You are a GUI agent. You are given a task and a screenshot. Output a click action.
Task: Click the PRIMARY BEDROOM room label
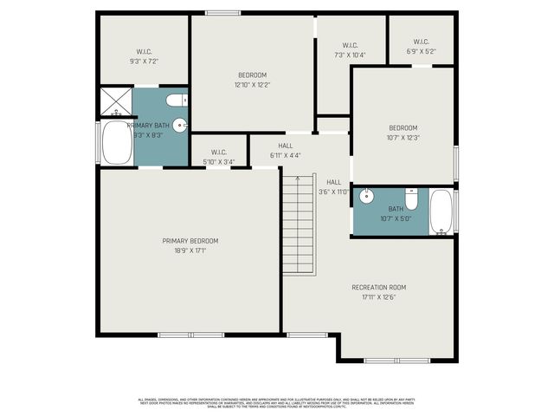(x=190, y=240)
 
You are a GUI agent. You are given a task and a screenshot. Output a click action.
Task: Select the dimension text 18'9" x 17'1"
(x=190, y=250)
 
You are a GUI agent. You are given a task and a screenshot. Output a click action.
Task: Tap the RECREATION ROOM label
(x=378, y=287)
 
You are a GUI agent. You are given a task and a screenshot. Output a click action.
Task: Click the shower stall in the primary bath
(x=114, y=102)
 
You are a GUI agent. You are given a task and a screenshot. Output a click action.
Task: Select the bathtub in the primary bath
(x=115, y=143)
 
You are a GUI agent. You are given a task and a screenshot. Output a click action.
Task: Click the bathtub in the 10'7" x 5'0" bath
(x=441, y=212)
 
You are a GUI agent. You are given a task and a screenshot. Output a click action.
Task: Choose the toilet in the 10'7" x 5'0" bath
(x=413, y=199)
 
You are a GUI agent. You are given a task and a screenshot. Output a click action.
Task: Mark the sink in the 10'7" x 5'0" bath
(x=366, y=197)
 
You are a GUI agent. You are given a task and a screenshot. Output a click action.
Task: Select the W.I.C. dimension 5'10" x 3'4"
(x=217, y=161)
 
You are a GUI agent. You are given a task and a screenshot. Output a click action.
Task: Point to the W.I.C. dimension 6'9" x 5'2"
(x=421, y=51)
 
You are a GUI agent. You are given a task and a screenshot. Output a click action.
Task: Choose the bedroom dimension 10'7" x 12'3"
(x=403, y=138)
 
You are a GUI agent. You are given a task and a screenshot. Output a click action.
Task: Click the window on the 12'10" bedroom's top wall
(x=222, y=13)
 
